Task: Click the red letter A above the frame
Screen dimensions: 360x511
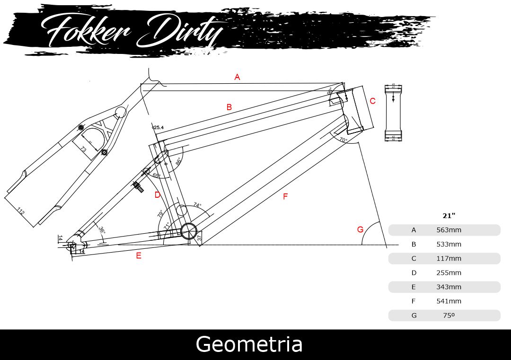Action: (238, 77)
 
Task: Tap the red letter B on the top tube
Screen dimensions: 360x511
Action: (229, 107)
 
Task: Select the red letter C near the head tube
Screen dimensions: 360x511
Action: (372, 101)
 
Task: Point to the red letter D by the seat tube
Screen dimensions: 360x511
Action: (158, 194)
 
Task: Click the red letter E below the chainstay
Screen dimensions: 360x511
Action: (139, 256)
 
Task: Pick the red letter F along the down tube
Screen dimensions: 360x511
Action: (285, 196)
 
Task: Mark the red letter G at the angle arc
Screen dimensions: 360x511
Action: (360, 229)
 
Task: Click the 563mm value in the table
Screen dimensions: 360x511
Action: (449, 230)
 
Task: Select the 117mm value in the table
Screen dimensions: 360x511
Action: (449, 259)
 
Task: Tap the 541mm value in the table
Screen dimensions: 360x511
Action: (449, 301)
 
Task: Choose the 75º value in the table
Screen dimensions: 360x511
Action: (449, 316)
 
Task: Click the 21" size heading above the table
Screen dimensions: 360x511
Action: (449, 216)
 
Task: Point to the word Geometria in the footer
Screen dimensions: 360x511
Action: (249, 344)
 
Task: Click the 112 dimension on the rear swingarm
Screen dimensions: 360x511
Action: (21, 211)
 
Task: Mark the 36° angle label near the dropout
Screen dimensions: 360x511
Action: (102, 230)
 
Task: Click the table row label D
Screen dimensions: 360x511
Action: (414, 273)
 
